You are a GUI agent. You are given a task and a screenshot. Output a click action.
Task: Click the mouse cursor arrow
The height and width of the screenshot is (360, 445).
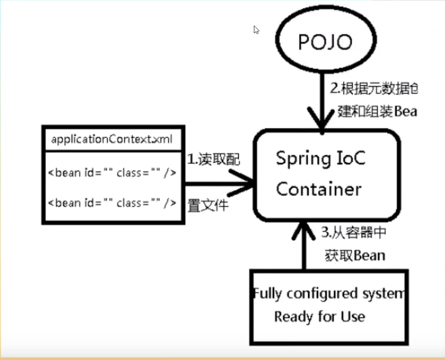pyautogui.click(x=256, y=30)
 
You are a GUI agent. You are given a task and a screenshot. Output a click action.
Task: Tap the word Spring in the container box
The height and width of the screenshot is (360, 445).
pyautogui.click(x=301, y=159)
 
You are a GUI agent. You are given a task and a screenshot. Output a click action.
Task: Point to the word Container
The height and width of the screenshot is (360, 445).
pyautogui.click(x=318, y=189)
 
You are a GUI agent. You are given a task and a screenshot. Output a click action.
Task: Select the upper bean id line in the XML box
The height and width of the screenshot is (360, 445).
pyautogui.click(x=112, y=173)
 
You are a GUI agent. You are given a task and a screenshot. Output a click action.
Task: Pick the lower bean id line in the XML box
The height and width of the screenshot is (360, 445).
pyautogui.click(x=112, y=203)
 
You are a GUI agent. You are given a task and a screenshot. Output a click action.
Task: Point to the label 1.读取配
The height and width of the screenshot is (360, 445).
pyautogui.click(x=213, y=160)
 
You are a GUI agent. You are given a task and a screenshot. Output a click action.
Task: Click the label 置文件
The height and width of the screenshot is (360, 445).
pyautogui.click(x=207, y=205)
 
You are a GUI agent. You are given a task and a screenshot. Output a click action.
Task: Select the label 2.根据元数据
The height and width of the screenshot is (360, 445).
pyautogui.click(x=373, y=89)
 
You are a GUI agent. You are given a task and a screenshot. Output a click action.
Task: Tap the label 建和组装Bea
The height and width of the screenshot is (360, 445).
pyautogui.click(x=377, y=111)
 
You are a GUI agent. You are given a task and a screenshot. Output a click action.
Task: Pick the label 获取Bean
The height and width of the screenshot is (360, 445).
pyautogui.click(x=354, y=256)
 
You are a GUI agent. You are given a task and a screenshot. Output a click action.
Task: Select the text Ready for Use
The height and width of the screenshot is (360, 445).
pyautogui.click(x=319, y=317)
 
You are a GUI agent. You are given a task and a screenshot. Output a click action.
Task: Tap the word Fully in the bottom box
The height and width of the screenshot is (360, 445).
pyautogui.click(x=268, y=294)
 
